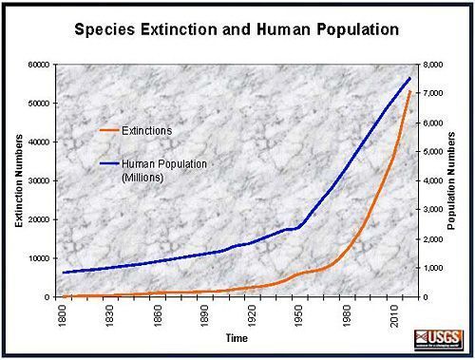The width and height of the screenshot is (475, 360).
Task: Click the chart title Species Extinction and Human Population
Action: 236,29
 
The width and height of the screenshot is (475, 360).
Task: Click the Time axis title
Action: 238,337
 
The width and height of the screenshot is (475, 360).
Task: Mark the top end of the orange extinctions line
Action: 409,92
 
